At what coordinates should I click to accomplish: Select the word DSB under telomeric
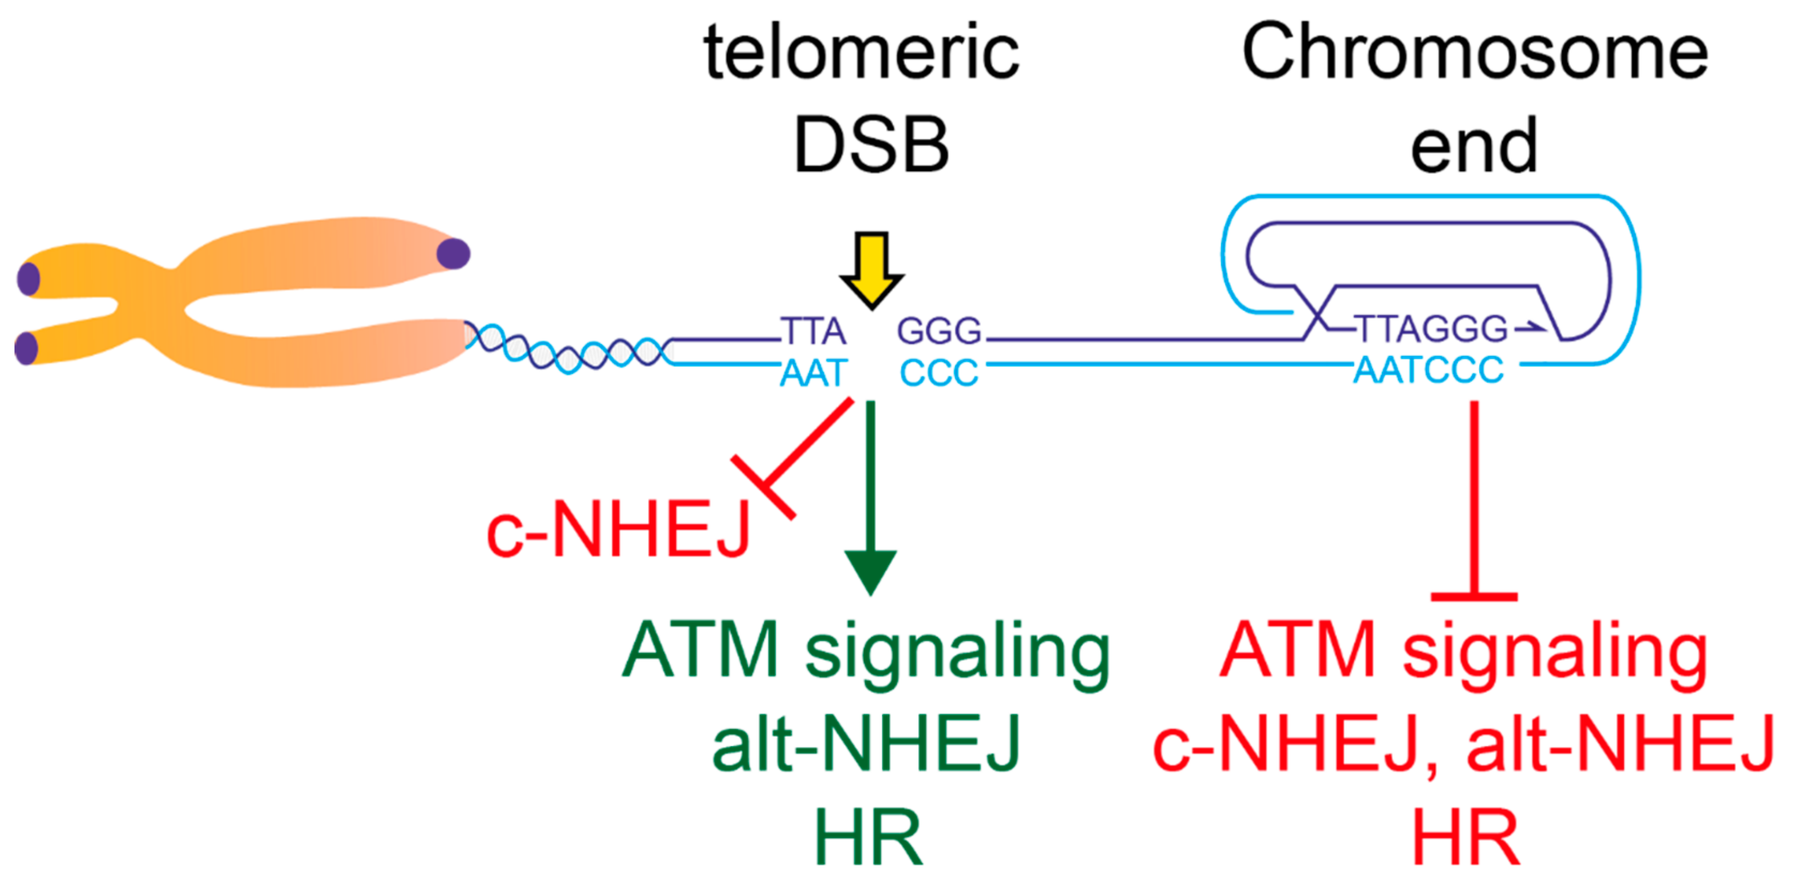tap(871, 144)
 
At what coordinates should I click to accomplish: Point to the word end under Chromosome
tap(1473, 145)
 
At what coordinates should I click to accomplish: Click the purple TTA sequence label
tap(813, 330)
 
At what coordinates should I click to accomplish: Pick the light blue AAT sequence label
tap(813, 373)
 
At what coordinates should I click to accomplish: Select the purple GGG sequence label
tap(939, 330)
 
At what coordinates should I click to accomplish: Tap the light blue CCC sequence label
tap(939, 373)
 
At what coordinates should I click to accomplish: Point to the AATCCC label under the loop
tap(1429, 370)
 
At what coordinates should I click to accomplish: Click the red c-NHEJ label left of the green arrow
tap(618, 530)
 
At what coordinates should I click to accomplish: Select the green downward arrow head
tap(870, 570)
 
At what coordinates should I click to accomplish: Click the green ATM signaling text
tap(865, 652)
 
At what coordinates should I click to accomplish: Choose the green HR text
tap(869, 837)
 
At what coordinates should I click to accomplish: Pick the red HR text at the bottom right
tap(1465, 837)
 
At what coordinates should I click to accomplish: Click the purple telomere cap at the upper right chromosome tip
tap(454, 254)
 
